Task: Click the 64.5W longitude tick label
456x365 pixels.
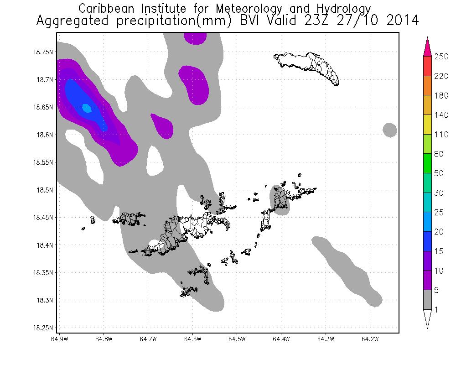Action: coord(237,339)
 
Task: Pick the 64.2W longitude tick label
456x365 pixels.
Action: coord(370,339)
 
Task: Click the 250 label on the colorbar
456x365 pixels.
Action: coord(442,57)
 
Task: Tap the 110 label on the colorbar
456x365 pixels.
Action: coord(442,135)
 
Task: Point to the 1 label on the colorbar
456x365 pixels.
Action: coord(437,310)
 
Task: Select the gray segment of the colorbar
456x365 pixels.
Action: coord(428,300)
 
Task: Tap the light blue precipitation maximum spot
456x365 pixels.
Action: coord(86,108)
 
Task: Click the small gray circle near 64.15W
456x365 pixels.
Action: coord(389,130)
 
